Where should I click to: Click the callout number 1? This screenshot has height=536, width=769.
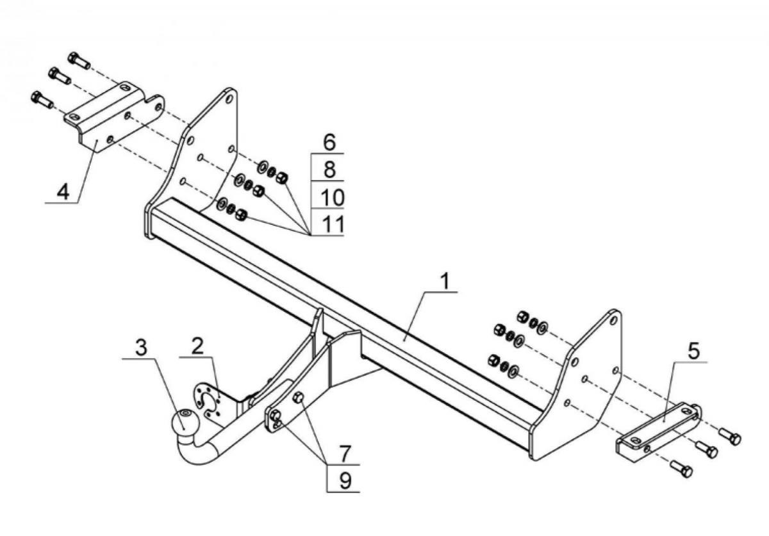tap(445, 281)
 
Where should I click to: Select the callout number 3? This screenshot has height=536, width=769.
tap(141, 347)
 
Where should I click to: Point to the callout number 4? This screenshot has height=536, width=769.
tap(63, 191)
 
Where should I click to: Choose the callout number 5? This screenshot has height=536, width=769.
tap(693, 352)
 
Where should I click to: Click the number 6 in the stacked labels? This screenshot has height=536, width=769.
tap(329, 142)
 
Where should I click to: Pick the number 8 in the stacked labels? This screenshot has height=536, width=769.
tap(329, 169)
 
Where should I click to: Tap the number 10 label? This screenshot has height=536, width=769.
tap(333, 197)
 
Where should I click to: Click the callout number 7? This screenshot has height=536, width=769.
tap(345, 453)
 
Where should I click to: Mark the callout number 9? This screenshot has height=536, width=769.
tap(345, 481)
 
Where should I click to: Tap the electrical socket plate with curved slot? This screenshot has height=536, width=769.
tap(208, 402)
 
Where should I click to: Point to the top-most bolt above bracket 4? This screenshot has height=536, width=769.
tap(79, 60)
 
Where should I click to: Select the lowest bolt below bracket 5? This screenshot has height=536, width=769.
tap(681, 469)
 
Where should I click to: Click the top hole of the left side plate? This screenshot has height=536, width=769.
tap(229, 99)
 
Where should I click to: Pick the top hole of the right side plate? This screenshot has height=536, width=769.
tap(614, 320)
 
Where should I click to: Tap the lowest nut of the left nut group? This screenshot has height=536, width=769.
tap(241, 215)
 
